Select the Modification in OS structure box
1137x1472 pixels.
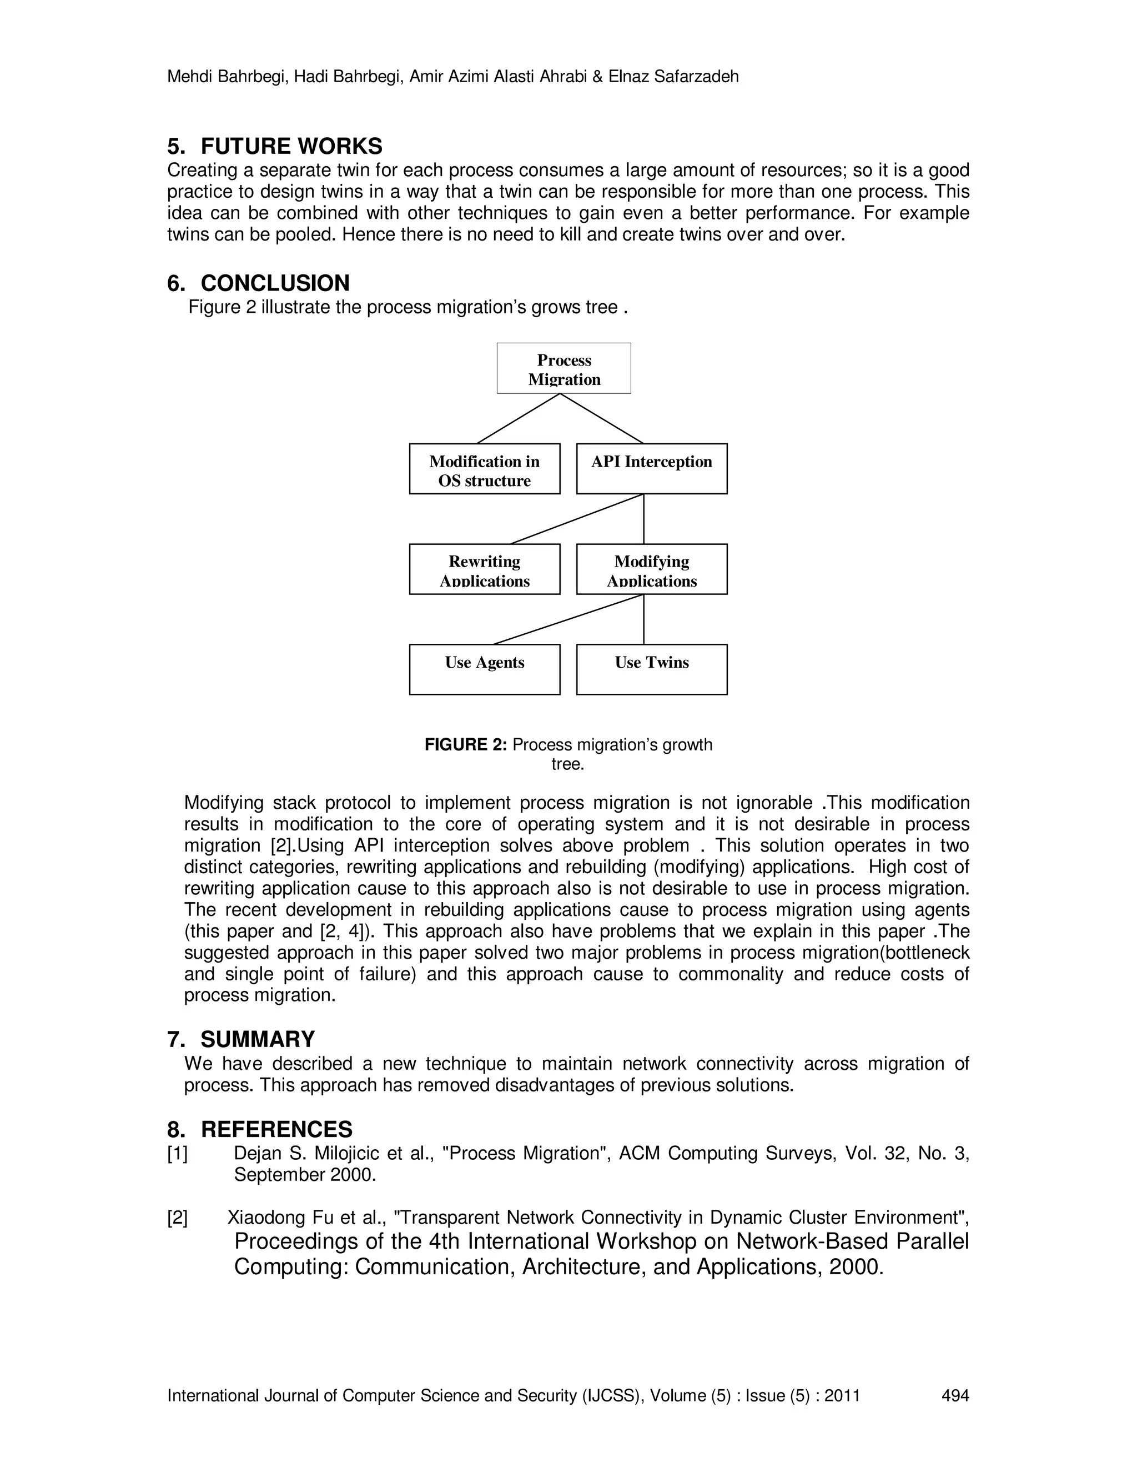(x=484, y=469)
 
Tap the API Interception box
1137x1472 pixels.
(x=651, y=469)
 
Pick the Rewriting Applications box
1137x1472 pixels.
(x=484, y=569)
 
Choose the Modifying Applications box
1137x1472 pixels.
(x=651, y=569)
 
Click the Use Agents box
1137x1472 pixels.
(x=484, y=669)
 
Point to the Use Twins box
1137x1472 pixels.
(x=651, y=669)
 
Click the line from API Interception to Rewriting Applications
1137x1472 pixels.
(x=577, y=519)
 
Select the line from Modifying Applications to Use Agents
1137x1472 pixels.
(x=568, y=619)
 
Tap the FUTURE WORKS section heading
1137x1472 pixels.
(x=291, y=146)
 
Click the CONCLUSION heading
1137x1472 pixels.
(x=275, y=283)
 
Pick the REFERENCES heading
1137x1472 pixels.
(x=276, y=1129)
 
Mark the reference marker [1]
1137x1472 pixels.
(x=178, y=1154)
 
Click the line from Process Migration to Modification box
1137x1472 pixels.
(x=519, y=419)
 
